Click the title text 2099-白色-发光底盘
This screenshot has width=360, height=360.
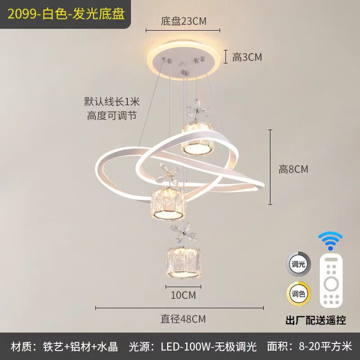tap(65, 14)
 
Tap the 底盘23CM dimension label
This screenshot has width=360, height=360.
tap(183, 22)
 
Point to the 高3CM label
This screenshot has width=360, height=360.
tap(247, 57)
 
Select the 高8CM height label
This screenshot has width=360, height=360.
tap(293, 169)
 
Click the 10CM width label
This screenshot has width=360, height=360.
tap(184, 295)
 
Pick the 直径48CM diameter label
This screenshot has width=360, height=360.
tap(183, 319)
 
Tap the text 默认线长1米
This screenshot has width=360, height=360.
tap(112, 102)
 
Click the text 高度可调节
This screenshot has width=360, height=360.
tap(112, 115)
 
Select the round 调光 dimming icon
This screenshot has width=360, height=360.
tap(297, 264)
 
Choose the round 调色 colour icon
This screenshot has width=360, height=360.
tap(297, 293)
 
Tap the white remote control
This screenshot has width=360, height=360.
tap(331, 281)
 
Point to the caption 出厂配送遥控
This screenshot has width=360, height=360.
tap(316, 320)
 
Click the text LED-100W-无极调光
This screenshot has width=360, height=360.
tap(209, 346)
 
